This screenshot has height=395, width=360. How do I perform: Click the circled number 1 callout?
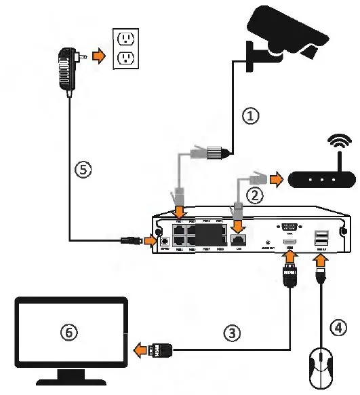(251, 116)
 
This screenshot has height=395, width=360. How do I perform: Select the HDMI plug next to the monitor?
(163, 352)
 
